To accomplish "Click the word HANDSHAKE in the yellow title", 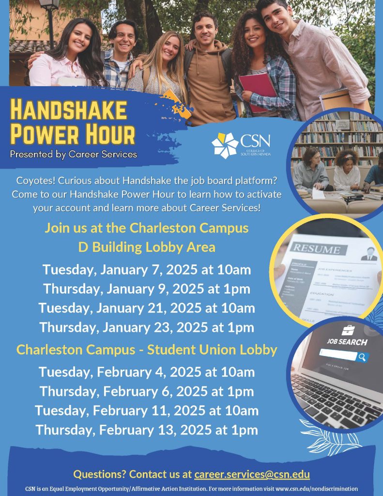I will click(x=68, y=110).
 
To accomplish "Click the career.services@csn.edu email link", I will click(x=252, y=474).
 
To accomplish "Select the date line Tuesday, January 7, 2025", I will click(x=147, y=270).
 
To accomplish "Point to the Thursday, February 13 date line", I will click(x=147, y=430).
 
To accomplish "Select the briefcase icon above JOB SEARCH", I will click(x=348, y=330).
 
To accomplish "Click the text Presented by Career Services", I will click(x=74, y=155).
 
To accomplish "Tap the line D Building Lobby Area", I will click(x=147, y=247).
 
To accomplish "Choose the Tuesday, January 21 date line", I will click(x=147, y=308).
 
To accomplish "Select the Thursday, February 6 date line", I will click(x=147, y=391).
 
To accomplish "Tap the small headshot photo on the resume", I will click(x=369, y=253).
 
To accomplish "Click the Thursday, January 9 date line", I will click(x=147, y=289).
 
